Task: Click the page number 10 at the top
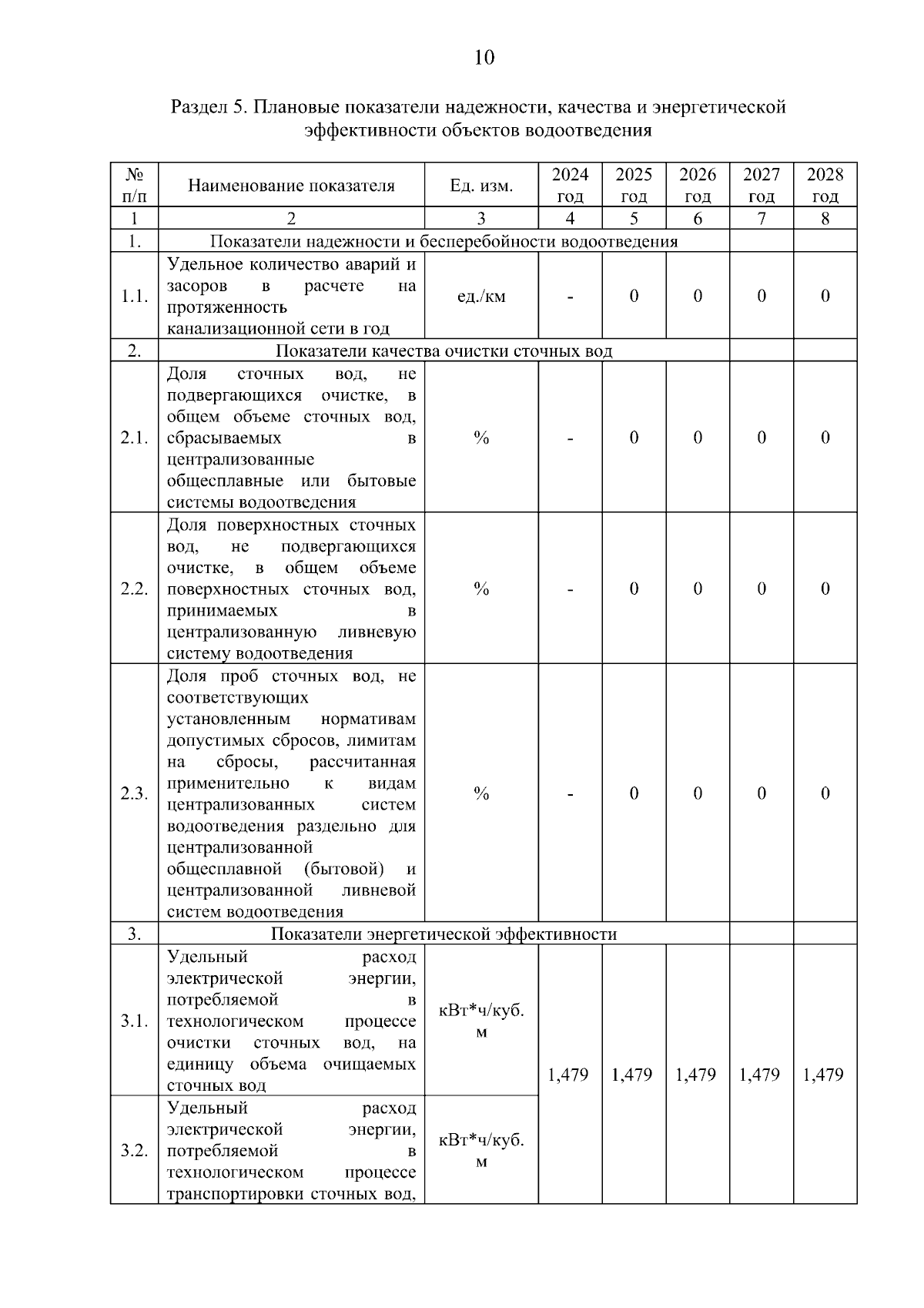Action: [484, 59]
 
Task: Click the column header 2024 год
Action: [570, 185]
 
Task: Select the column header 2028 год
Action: [825, 185]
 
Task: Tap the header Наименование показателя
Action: [291, 186]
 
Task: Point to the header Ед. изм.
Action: [481, 186]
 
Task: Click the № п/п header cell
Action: [134, 185]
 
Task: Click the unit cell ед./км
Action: [481, 297]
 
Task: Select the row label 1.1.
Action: [134, 297]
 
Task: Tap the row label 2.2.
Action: [134, 589]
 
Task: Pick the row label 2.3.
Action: [134, 794]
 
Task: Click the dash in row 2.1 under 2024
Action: [570, 438]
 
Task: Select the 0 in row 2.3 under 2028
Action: [825, 794]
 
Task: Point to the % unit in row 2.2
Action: [481, 589]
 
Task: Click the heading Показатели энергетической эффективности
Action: [444, 934]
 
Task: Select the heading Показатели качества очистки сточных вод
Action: [444, 352]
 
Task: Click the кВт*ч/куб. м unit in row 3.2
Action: [481, 1151]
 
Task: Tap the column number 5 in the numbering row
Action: [634, 219]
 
